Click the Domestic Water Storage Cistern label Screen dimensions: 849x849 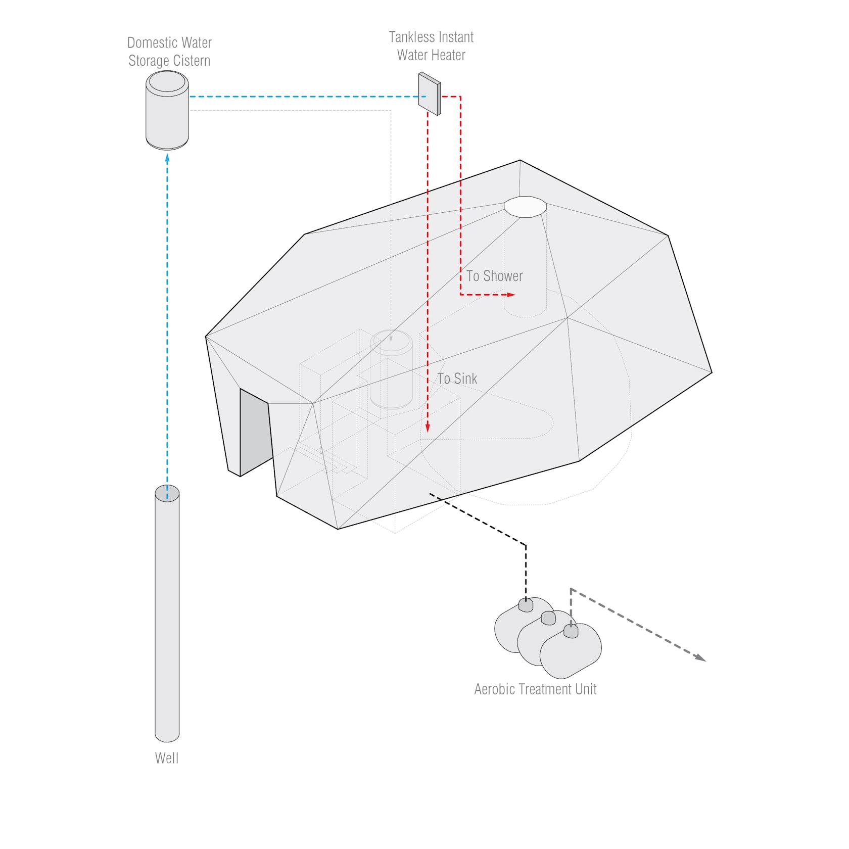[x=169, y=52]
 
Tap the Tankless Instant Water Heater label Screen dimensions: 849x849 [x=431, y=46]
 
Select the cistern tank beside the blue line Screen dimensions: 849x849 [x=167, y=110]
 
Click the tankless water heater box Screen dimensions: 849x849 [x=430, y=93]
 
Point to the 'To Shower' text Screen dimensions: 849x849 [x=494, y=276]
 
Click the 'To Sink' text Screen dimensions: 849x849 [x=457, y=379]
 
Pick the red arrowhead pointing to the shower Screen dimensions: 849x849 [x=511, y=295]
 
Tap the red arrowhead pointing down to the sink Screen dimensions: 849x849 [x=428, y=428]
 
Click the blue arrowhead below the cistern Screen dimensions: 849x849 [x=167, y=158]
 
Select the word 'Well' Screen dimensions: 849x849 [x=167, y=758]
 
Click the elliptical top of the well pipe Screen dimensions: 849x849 [x=167, y=493]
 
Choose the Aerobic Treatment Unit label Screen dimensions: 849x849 [x=535, y=689]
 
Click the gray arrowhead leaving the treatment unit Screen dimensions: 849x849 [x=700, y=657]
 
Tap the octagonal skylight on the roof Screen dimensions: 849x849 [x=525, y=207]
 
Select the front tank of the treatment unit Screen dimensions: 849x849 [x=571, y=651]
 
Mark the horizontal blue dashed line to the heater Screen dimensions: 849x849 [x=307, y=97]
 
